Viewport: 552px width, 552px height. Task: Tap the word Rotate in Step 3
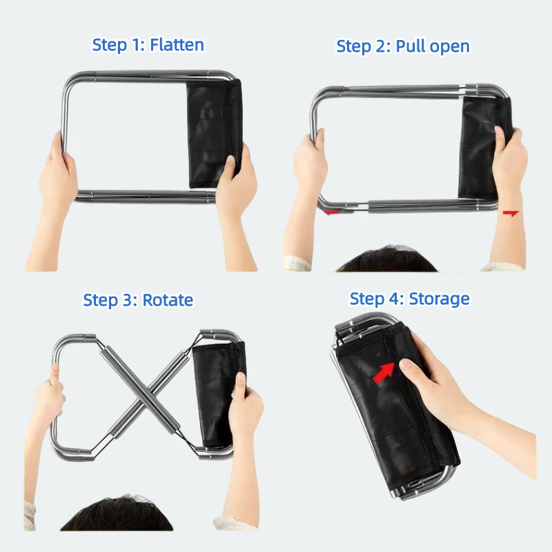(168, 301)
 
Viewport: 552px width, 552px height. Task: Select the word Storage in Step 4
(439, 299)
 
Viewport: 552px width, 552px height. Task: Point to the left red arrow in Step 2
(333, 212)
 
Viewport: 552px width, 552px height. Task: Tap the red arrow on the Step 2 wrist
(511, 215)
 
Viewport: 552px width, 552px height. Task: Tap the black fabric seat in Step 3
(215, 393)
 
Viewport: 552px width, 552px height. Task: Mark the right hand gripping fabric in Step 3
(246, 407)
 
